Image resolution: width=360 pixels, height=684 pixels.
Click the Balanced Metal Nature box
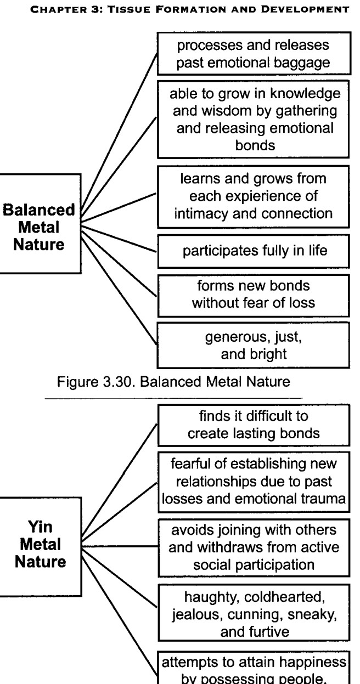[x=41, y=224]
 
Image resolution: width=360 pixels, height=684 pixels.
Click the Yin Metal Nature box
[x=41, y=546]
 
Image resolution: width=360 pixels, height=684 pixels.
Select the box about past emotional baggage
[x=254, y=53]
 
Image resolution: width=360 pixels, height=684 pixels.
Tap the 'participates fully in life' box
[x=254, y=251]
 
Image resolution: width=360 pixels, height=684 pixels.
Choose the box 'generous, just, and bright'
[x=253, y=345]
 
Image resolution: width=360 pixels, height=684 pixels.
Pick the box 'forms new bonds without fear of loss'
[x=254, y=295]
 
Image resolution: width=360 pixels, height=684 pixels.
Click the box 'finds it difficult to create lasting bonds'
[x=254, y=425]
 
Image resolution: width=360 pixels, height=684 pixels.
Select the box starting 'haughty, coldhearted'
[x=254, y=612]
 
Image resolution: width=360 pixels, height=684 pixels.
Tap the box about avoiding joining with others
[x=254, y=547]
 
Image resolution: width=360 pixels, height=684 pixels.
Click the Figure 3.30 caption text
[x=173, y=382]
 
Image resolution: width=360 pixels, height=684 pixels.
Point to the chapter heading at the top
[x=189, y=9]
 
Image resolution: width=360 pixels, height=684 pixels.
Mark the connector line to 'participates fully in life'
[x=119, y=239]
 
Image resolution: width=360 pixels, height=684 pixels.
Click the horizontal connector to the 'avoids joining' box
[x=120, y=546]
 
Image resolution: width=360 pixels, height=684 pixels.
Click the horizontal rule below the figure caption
[x=173, y=398]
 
